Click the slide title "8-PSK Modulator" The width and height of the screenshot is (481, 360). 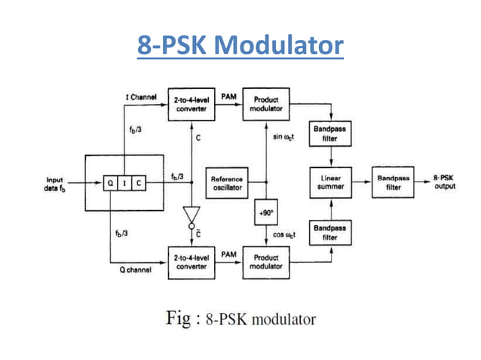coord(240,47)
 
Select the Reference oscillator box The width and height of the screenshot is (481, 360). coord(226,183)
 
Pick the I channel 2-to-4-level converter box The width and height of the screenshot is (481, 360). coord(191,104)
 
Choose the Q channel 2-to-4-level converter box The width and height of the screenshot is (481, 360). coord(191,263)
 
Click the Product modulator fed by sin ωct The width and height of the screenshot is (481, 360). coord(266,104)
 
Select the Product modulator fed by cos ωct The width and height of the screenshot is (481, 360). coord(266,263)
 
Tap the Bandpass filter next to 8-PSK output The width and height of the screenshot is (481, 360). coord(394,183)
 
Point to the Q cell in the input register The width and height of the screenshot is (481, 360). coord(111,182)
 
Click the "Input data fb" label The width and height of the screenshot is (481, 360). coord(54,184)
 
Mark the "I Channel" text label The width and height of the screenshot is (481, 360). coord(140,98)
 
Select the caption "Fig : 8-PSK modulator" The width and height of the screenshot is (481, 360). coord(240,319)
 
